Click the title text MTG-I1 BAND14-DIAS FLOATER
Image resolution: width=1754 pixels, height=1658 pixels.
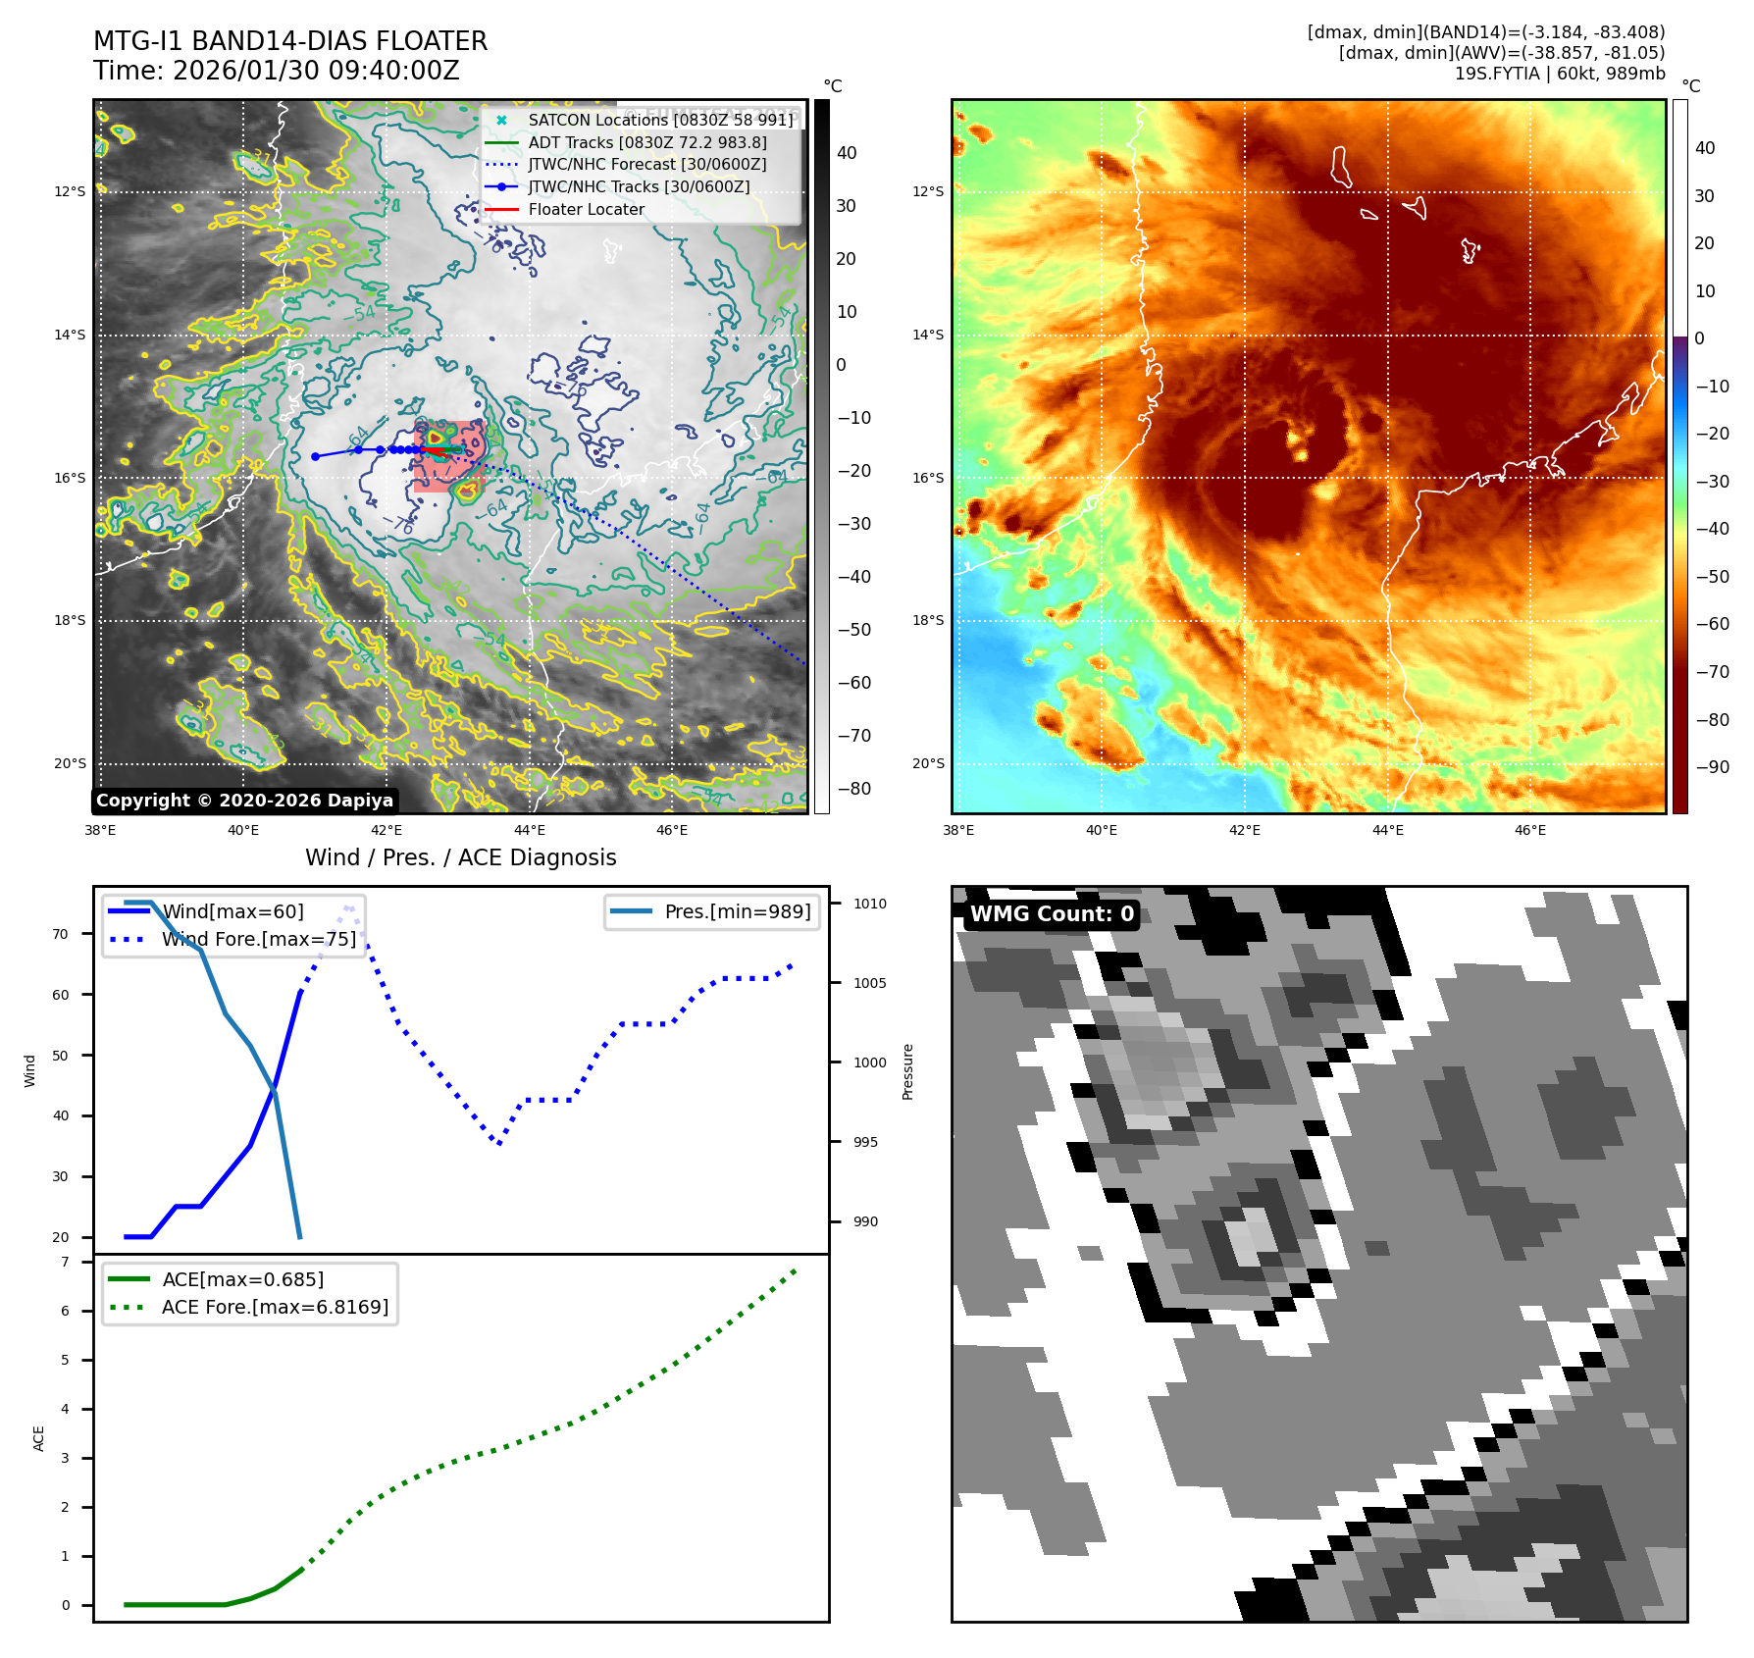(x=290, y=41)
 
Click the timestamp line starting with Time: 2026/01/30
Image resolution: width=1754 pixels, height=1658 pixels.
(x=277, y=71)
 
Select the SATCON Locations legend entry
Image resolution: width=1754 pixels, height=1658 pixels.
(x=660, y=120)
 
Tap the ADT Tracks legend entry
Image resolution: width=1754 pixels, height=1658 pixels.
(x=647, y=142)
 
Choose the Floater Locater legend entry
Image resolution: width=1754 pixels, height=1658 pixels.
(x=586, y=209)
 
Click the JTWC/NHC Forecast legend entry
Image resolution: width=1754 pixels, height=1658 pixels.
(x=647, y=164)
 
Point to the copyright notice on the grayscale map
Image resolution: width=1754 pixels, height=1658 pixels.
(x=244, y=801)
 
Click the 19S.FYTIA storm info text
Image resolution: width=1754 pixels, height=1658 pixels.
(x=1559, y=74)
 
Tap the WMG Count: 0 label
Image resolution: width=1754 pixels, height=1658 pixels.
(x=1052, y=914)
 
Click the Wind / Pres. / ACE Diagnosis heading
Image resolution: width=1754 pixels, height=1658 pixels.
(x=460, y=857)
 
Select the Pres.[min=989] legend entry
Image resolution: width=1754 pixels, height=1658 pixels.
(x=737, y=911)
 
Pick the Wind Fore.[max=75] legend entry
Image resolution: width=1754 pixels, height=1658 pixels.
(x=259, y=939)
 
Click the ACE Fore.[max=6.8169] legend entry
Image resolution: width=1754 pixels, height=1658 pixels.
(x=275, y=1307)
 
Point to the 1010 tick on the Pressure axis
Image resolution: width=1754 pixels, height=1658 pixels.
(x=869, y=904)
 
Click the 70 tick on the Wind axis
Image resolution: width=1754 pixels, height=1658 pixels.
(x=61, y=934)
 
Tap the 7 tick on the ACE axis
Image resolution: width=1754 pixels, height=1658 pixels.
(x=65, y=1262)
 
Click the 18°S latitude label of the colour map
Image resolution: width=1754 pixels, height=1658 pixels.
(x=928, y=620)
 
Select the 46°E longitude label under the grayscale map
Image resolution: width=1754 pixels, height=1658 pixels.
(x=672, y=830)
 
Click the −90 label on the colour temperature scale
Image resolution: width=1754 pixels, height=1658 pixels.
(x=1713, y=767)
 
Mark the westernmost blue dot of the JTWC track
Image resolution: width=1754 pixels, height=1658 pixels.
(x=315, y=456)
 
